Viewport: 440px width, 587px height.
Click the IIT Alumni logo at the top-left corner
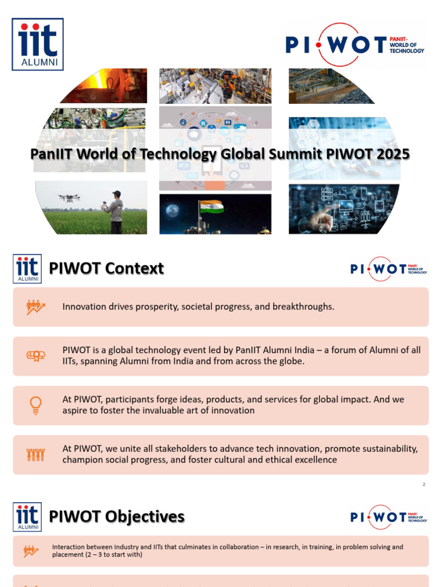tap(38, 44)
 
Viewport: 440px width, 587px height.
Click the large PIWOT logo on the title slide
tap(355, 44)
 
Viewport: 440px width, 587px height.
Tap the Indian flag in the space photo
tap(211, 206)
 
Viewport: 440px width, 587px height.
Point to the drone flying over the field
tap(69, 198)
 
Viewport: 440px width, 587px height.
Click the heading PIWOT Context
tap(107, 268)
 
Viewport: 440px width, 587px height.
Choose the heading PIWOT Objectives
tap(117, 516)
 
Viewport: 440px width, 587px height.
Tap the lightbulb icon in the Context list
tap(36, 405)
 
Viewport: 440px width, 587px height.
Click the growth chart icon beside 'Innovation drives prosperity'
tap(36, 307)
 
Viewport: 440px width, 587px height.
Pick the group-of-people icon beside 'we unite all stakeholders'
tap(36, 455)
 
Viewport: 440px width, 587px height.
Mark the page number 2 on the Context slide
tap(424, 484)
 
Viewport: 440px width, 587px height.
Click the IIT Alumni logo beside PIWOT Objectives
tap(27, 517)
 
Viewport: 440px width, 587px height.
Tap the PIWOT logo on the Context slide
tap(388, 268)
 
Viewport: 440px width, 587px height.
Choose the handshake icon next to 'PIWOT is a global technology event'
tap(36, 356)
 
